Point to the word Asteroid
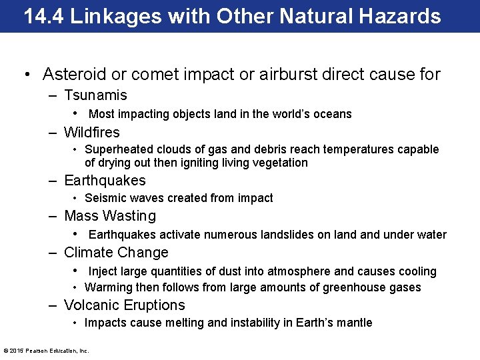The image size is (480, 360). tap(73, 74)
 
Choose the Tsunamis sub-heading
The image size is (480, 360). tap(95, 95)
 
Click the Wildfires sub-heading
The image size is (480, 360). tap(92, 132)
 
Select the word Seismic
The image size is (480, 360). tap(103, 198)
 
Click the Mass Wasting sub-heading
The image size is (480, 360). tap(110, 216)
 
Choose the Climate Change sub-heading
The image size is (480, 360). tap(116, 253)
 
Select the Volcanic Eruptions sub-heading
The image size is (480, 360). tap(125, 305)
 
